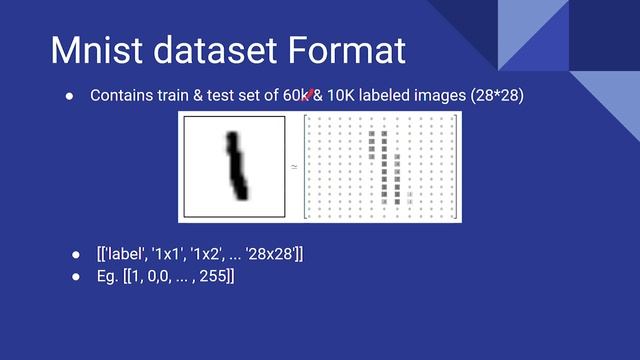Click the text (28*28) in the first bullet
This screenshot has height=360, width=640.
point(493,96)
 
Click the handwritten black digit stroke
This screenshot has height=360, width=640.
point(236,165)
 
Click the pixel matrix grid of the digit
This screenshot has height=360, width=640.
point(380,166)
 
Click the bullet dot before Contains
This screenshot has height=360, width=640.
point(70,96)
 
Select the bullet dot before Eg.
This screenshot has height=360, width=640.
point(75,276)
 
